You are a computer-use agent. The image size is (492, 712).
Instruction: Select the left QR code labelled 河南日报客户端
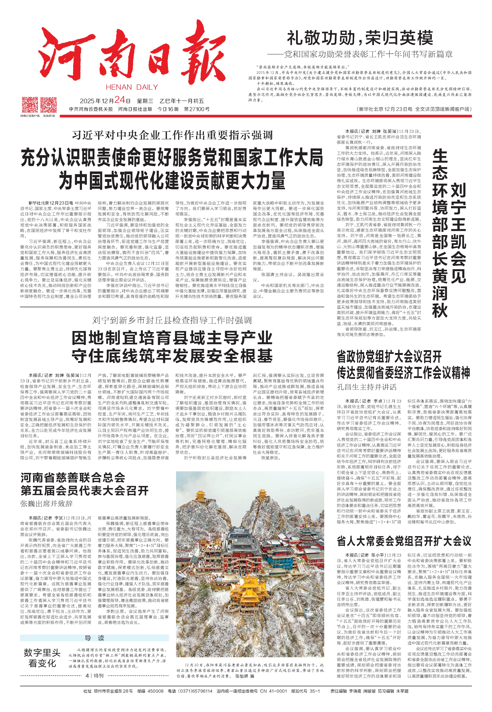[30, 105]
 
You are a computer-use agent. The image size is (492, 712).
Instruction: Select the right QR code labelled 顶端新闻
[49, 105]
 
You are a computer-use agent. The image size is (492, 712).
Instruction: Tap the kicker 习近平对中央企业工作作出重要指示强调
[172, 135]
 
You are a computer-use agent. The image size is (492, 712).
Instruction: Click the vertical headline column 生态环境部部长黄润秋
[440, 234]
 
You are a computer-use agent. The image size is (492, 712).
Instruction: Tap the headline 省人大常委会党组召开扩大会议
[404, 541]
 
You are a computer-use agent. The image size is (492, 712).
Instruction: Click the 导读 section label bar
[94, 638]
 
